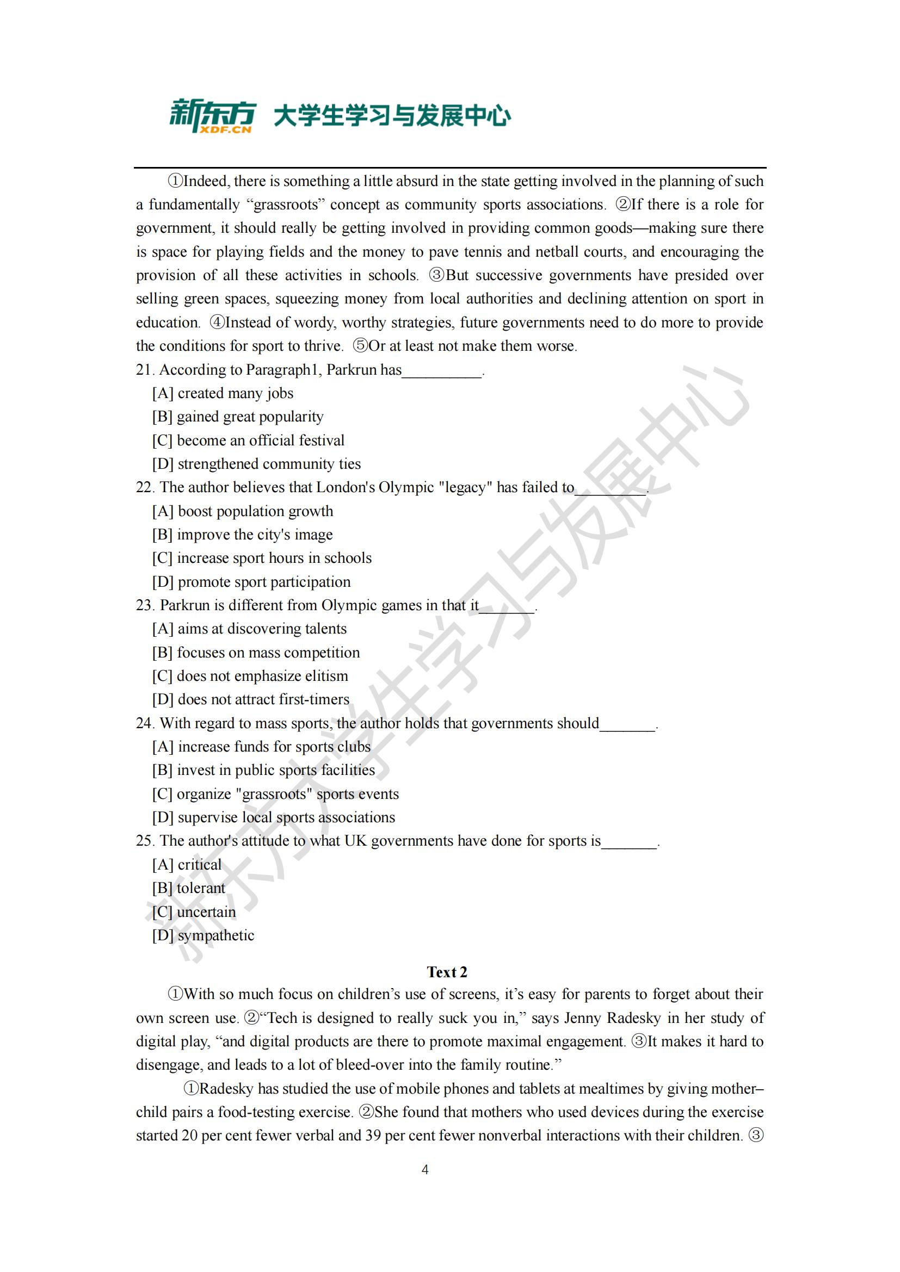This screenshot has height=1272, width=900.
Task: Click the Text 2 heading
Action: click(447, 972)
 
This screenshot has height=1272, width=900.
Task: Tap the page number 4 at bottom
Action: click(425, 1170)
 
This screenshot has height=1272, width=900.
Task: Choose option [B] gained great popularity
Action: click(238, 417)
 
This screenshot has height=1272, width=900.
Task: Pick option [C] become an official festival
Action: click(248, 440)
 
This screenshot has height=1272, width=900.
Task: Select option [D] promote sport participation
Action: click(251, 582)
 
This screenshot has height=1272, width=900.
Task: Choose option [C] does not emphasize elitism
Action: click(250, 676)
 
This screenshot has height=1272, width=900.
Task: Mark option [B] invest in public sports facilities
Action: click(263, 770)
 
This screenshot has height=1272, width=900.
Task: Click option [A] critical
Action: click(187, 865)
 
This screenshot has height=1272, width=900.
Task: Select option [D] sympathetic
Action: click(203, 935)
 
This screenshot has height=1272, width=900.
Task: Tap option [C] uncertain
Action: click(194, 912)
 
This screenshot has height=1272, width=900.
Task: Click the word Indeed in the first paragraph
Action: click(205, 181)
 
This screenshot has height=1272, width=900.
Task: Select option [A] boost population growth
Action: click(243, 511)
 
